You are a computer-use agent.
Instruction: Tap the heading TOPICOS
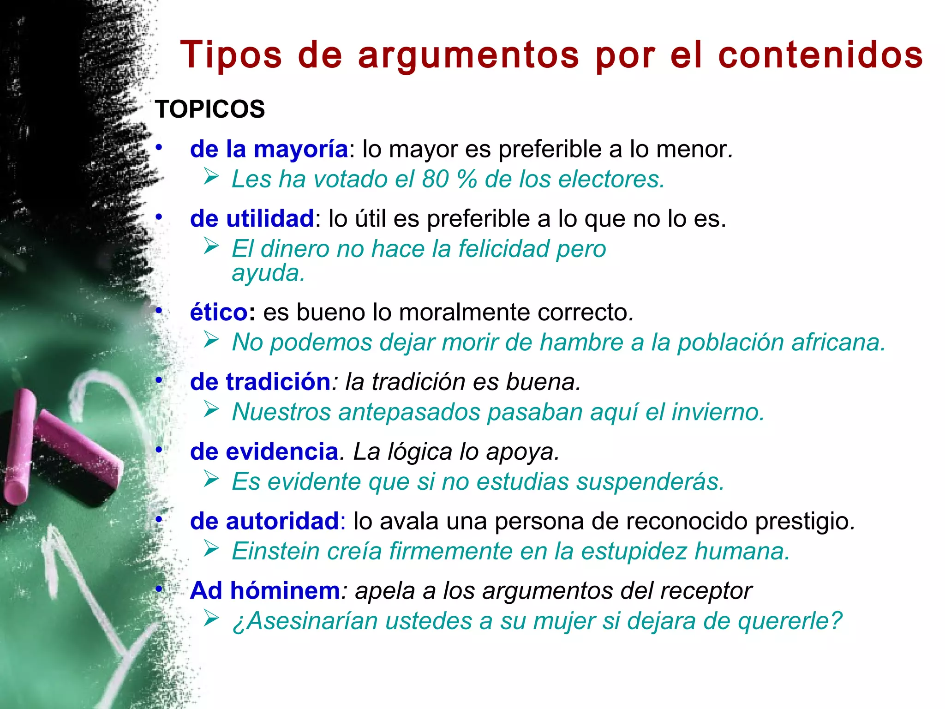click(210, 109)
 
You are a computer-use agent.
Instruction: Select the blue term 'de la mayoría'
click(269, 149)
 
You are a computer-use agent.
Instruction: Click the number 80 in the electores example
click(435, 179)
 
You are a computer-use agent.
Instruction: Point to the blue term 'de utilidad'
click(252, 219)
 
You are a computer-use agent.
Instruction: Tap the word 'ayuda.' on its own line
click(268, 273)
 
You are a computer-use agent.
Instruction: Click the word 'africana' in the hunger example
click(838, 342)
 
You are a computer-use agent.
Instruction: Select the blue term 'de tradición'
click(260, 382)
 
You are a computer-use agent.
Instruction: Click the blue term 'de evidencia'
click(264, 451)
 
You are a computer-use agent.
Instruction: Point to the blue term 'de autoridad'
click(265, 521)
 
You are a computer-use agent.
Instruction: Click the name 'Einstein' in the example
click(275, 551)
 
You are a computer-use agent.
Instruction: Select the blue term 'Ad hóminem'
click(265, 591)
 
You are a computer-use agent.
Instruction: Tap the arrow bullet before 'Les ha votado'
click(211, 177)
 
